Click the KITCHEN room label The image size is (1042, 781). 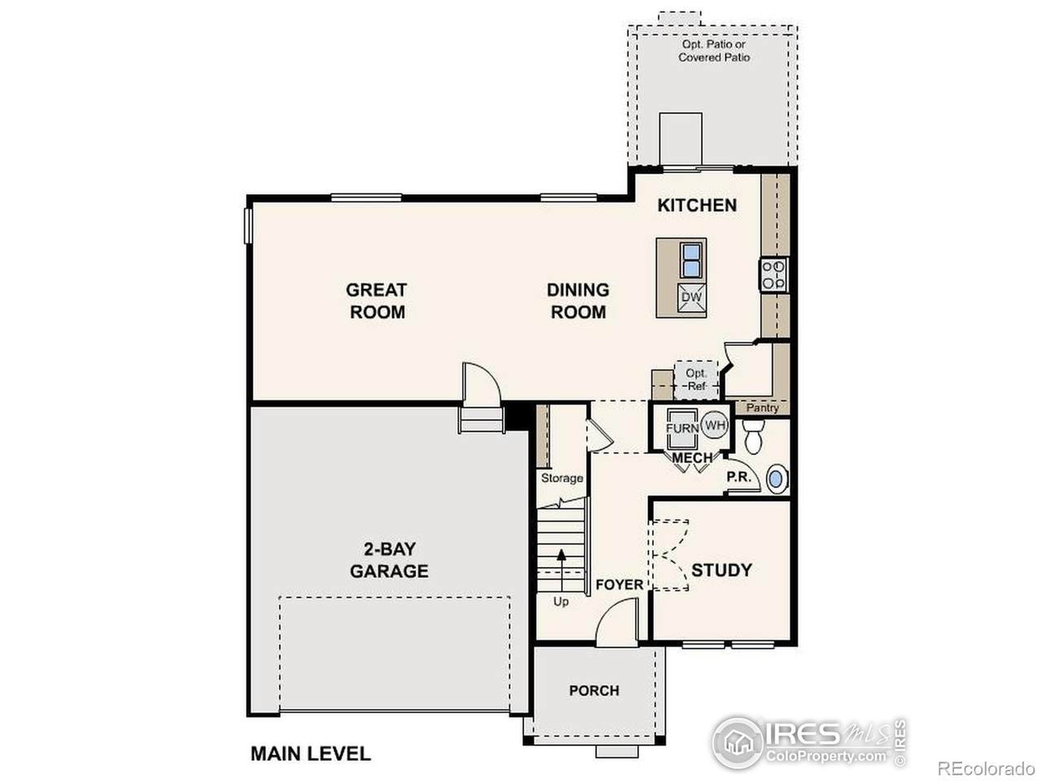(x=697, y=205)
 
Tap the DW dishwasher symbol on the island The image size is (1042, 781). (x=691, y=298)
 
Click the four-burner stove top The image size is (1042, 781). (x=773, y=275)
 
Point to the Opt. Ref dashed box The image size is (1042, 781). (x=696, y=380)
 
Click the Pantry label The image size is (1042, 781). (x=763, y=408)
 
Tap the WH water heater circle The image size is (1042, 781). (x=715, y=425)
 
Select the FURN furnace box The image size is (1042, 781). (x=682, y=428)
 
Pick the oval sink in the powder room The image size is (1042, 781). (x=776, y=479)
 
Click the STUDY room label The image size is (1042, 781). (x=721, y=570)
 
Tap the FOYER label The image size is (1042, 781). (x=619, y=585)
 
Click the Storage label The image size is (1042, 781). (x=562, y=478)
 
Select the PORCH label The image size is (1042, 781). (x=594, y=691)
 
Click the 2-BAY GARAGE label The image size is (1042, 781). (x=389, y=560)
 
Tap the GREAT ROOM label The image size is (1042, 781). (x=376, y=301)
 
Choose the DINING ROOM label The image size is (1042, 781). (x=578, y=301)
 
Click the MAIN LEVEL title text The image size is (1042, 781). (x=310, y=753)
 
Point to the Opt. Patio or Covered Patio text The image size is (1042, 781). (x=714, y=50)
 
